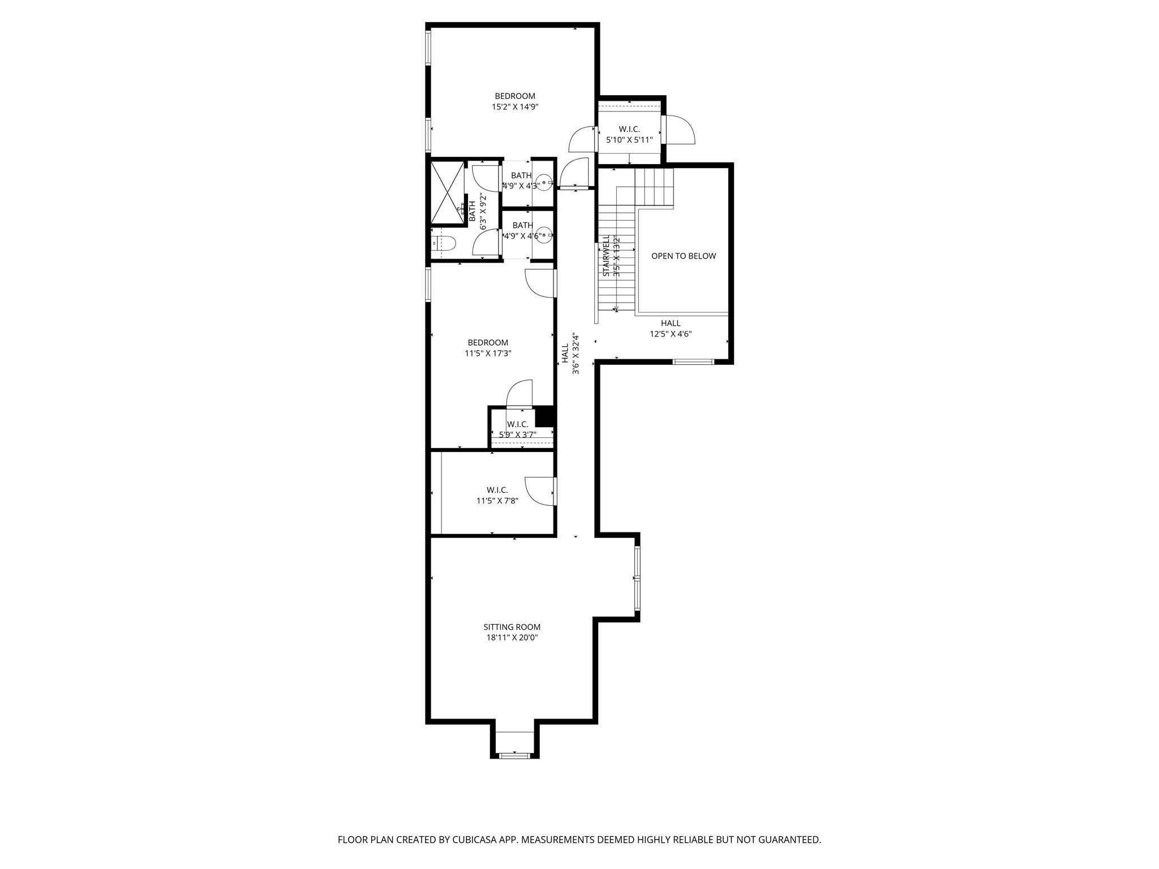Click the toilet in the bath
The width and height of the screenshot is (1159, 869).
pyautogui.click(x=445, y=244)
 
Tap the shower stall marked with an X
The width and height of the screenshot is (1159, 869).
pyautogui.click(x=447, y=193)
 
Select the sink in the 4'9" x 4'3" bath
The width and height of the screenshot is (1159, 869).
pyautogui.click(x=544, y=183)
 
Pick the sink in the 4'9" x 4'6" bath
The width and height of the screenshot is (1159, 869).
pyautogui.click(x=544, y=235)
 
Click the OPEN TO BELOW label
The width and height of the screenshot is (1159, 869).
pyautogui.click(x=683, y=256)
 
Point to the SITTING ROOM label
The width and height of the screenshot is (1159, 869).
pyautogui.click(x=512, y=627)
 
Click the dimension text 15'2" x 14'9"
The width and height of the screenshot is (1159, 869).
pyautogui.click(x=514, y=106)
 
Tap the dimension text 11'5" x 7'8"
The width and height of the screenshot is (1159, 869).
pyautogui.click(x=497, y=500)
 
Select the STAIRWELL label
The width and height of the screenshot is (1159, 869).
pyautogui.click(x=606, y=256)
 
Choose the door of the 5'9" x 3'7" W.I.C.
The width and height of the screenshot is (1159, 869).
pyautogui.click(x=520, y=394)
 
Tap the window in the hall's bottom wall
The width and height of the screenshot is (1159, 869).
pyautogui.click(x=693, y=361)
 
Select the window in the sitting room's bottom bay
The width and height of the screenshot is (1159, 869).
pyautogui.click(x=514, y=755)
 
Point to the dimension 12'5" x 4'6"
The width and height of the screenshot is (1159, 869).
pyautogui.click(x=670, y=334)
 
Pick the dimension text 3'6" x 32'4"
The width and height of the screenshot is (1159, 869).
pyautogui.click(x=576, y=354)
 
